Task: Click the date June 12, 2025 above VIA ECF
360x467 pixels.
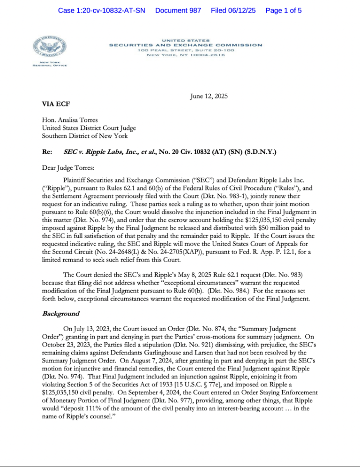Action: (x=209, y=97)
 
